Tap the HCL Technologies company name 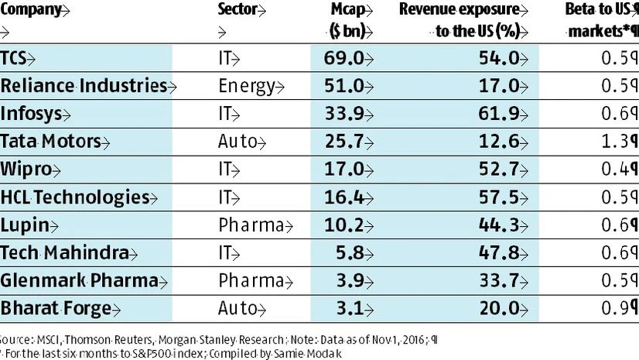pos(74,197)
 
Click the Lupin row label pos(22,225)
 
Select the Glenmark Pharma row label pos(70,280)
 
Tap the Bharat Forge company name pos(52,308)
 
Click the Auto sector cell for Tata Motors pos(237,141)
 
